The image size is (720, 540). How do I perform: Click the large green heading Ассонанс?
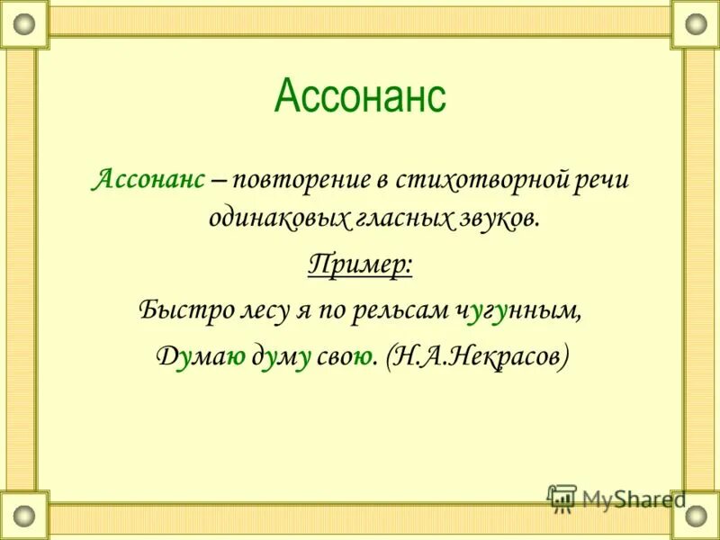click(360, 95)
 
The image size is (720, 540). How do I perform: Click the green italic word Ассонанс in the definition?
click(149, 178)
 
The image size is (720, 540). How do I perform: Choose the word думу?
click(282, 357)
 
